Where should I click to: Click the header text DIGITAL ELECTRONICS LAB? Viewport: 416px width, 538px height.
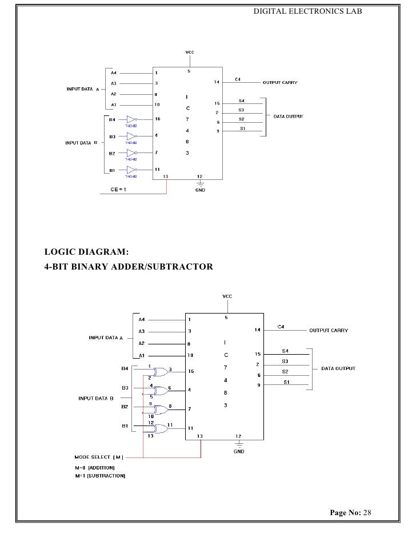[x=307, y=11]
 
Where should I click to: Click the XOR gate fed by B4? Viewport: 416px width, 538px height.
[x=161, y=371]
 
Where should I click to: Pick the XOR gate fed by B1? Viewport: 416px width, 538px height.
[x=161, y=428]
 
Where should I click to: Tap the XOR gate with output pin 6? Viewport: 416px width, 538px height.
[x=161, y=391]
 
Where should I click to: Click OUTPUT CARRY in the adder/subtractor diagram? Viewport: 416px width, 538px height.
[x=328, y=330]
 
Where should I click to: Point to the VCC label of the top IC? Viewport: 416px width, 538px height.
[x=189, y=52]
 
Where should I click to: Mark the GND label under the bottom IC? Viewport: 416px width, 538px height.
[x=239, y=451]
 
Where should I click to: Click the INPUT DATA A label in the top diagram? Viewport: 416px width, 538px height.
[x=83, y=90]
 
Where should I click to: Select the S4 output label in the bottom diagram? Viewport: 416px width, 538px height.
[x=285, y=351]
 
